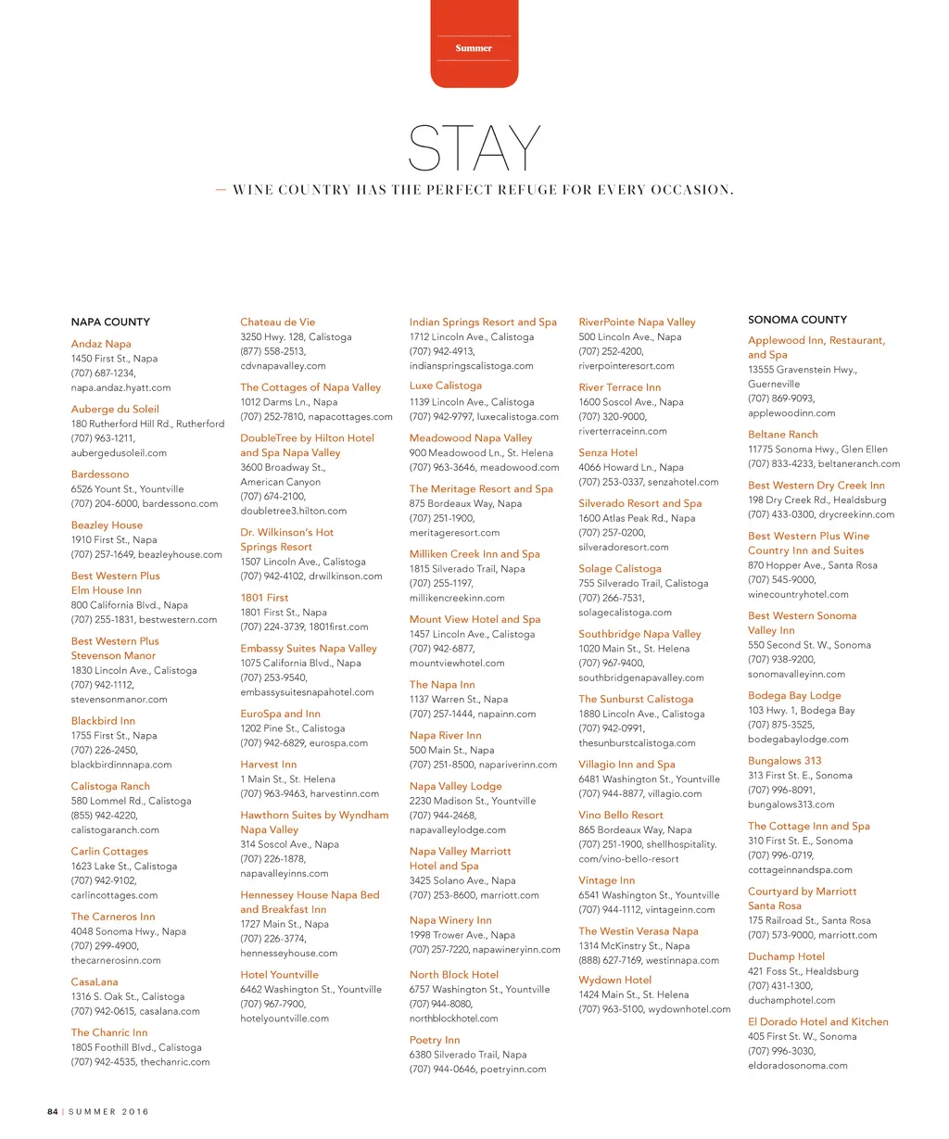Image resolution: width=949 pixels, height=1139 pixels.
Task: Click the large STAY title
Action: (x=474, y=148)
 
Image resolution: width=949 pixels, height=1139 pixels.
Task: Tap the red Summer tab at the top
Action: (x=474, y=47)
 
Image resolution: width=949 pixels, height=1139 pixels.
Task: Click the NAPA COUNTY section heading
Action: (x=110, y=323)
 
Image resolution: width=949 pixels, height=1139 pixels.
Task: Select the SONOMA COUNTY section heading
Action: (x=797, y=320)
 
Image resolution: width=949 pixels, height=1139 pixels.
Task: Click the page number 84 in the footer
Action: (x=53, y=1111)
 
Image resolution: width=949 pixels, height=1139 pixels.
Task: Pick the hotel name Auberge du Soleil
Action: (x=115, y=409)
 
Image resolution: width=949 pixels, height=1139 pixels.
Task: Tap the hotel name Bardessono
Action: (x=100, y=475)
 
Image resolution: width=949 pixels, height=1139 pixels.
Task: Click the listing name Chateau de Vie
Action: (x=277, y=323)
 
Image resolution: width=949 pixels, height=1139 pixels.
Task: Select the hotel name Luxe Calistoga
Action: (x=445, y=386)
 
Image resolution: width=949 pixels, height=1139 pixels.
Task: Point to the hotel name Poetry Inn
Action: (x=435, y=1040)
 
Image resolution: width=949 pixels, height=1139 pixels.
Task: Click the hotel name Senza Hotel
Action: (x=608, y=452)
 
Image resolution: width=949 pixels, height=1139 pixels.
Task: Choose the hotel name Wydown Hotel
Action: (x=614, y=980)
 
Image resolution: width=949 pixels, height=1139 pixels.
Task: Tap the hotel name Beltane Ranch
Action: (x=783, y=435)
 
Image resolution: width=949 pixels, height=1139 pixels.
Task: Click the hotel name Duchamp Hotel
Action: (x=786, y=956)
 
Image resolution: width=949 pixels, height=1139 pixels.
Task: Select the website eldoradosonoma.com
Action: (x=797, y=1066)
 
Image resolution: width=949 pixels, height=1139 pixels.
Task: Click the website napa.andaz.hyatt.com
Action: (x=120, y=388)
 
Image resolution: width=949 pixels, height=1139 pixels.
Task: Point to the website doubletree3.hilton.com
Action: (x=293, y=511)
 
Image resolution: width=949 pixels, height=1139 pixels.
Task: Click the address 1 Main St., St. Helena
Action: (x=287, y=779)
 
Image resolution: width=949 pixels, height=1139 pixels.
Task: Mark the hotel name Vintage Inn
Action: (x=606, y=880)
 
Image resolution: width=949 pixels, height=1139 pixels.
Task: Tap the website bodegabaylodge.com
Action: (x=798, y=740)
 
